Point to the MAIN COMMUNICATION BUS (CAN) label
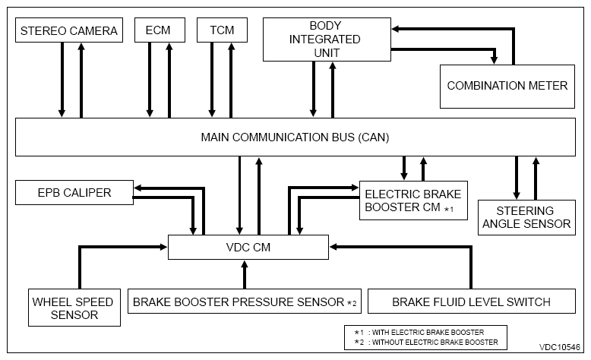click(295, 137)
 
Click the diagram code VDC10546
click(560, 347)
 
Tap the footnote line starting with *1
click(419, 333)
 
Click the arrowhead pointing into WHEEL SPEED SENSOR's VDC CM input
click(163, 247)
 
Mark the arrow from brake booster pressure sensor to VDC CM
click(245, 274)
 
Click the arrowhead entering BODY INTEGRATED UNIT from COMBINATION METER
click(395, 29)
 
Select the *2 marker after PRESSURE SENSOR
click(352, 303)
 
